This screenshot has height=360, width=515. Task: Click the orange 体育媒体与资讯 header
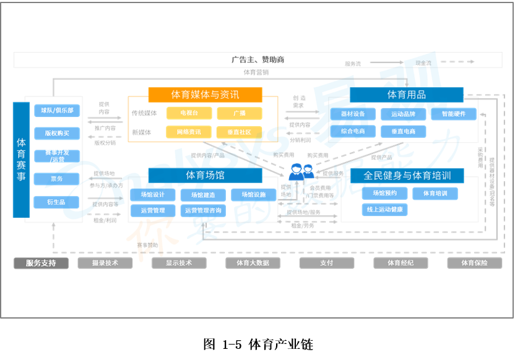tap(205, 95)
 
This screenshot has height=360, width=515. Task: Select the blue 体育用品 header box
tap(406, 95)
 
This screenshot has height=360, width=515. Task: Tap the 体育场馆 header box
tap(205, 176)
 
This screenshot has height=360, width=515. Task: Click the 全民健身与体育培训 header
tap(406, 176)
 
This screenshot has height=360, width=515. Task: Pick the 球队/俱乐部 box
tap(57, 111)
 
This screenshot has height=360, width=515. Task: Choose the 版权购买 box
tap(57, 133)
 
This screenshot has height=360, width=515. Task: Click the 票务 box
tap(57, 179)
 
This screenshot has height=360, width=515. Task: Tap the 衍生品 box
tap(57, 202)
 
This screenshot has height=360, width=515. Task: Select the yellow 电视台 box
tap(189, 113)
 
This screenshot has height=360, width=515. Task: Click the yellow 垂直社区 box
tap(240, 132)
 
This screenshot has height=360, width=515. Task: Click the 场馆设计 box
tap(152, 195)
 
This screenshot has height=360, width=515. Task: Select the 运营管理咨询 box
tap(203, 211)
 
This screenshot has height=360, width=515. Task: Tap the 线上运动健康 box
tap(384, 210)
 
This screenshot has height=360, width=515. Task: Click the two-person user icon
tap(301, 171)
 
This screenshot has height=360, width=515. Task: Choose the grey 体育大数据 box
tap(252, 263)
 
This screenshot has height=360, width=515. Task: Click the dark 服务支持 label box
tap(41, 263)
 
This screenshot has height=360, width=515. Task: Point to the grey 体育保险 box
tap(474, 263)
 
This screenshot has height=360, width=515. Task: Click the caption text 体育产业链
tap(277, 345)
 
